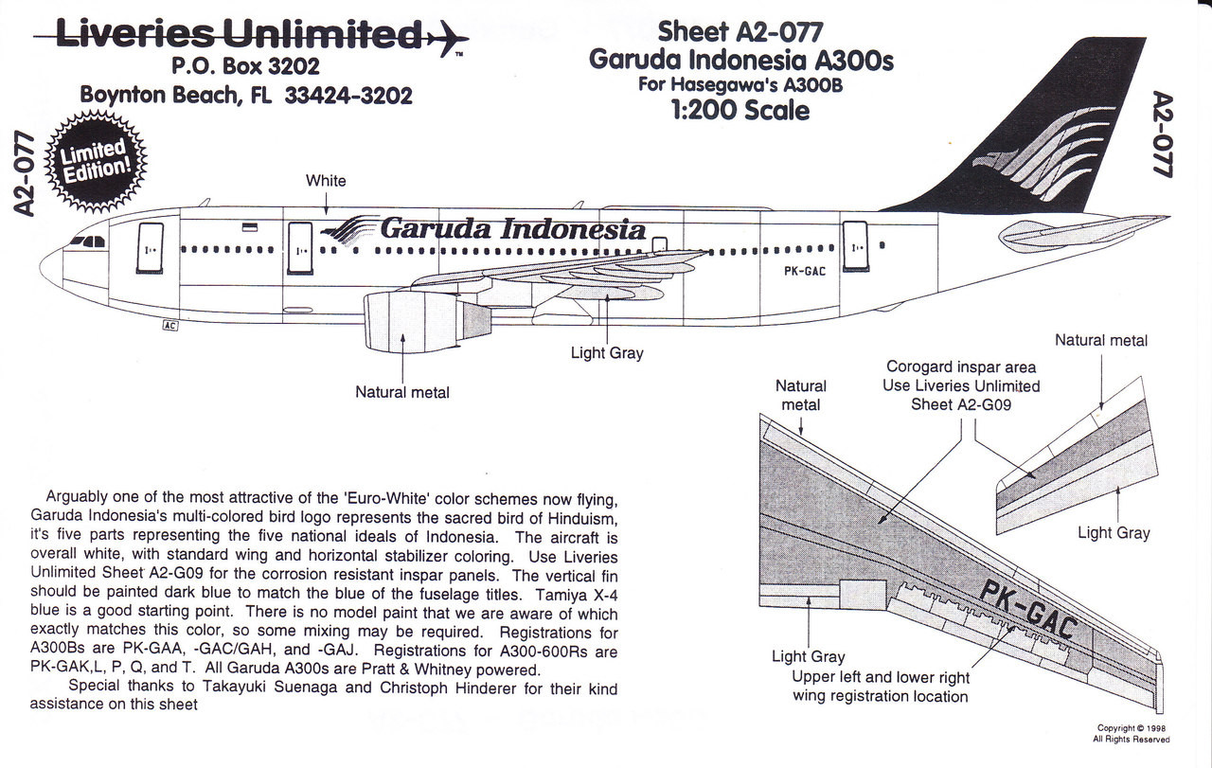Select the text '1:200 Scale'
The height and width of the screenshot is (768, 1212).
point(741,110)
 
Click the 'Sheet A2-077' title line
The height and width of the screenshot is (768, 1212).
point(740,30)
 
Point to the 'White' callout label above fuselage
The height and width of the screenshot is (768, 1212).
point(326,180)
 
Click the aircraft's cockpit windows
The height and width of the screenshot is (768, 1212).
point(86,241)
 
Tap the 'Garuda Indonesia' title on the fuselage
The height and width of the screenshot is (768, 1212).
point(512,229)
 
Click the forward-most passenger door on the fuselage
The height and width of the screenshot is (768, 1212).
point(150,248)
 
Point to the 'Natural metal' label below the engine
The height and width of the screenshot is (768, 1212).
point(402,391)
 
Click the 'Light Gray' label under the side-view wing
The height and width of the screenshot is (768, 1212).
point(606,353)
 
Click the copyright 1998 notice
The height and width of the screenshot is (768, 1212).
point(1132,734)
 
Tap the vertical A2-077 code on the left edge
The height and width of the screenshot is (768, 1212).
point(26,175)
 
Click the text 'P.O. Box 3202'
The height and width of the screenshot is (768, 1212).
point(245,66)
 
